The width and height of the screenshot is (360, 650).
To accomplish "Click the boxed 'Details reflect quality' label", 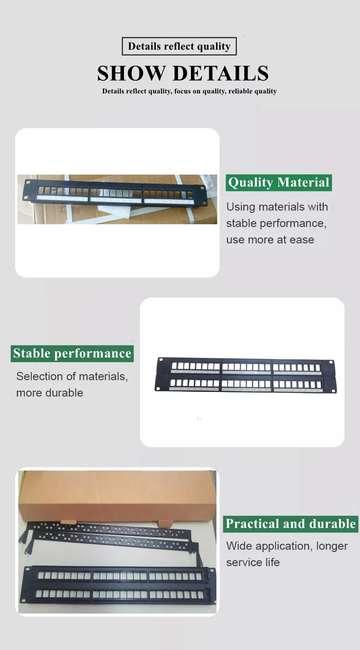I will click(179, 46).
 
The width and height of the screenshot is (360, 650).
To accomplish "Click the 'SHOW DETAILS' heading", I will click(183, 73).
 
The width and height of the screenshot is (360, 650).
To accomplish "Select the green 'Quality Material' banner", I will click(278, 182).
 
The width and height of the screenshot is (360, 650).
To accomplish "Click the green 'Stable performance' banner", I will click(72, 353).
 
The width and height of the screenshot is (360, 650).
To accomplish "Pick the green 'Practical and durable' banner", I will click(291, 524).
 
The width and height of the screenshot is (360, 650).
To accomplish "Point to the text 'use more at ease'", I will click(270, 240).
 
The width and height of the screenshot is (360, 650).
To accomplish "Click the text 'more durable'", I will click(49, 393).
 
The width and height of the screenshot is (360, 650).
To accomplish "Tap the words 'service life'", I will click(253, 562).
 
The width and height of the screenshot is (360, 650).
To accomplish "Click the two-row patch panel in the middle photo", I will click(246, 375).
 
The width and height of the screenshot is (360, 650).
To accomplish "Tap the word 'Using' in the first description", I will click(241, 207).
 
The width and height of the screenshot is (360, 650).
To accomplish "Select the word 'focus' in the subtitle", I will click(182, 91).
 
